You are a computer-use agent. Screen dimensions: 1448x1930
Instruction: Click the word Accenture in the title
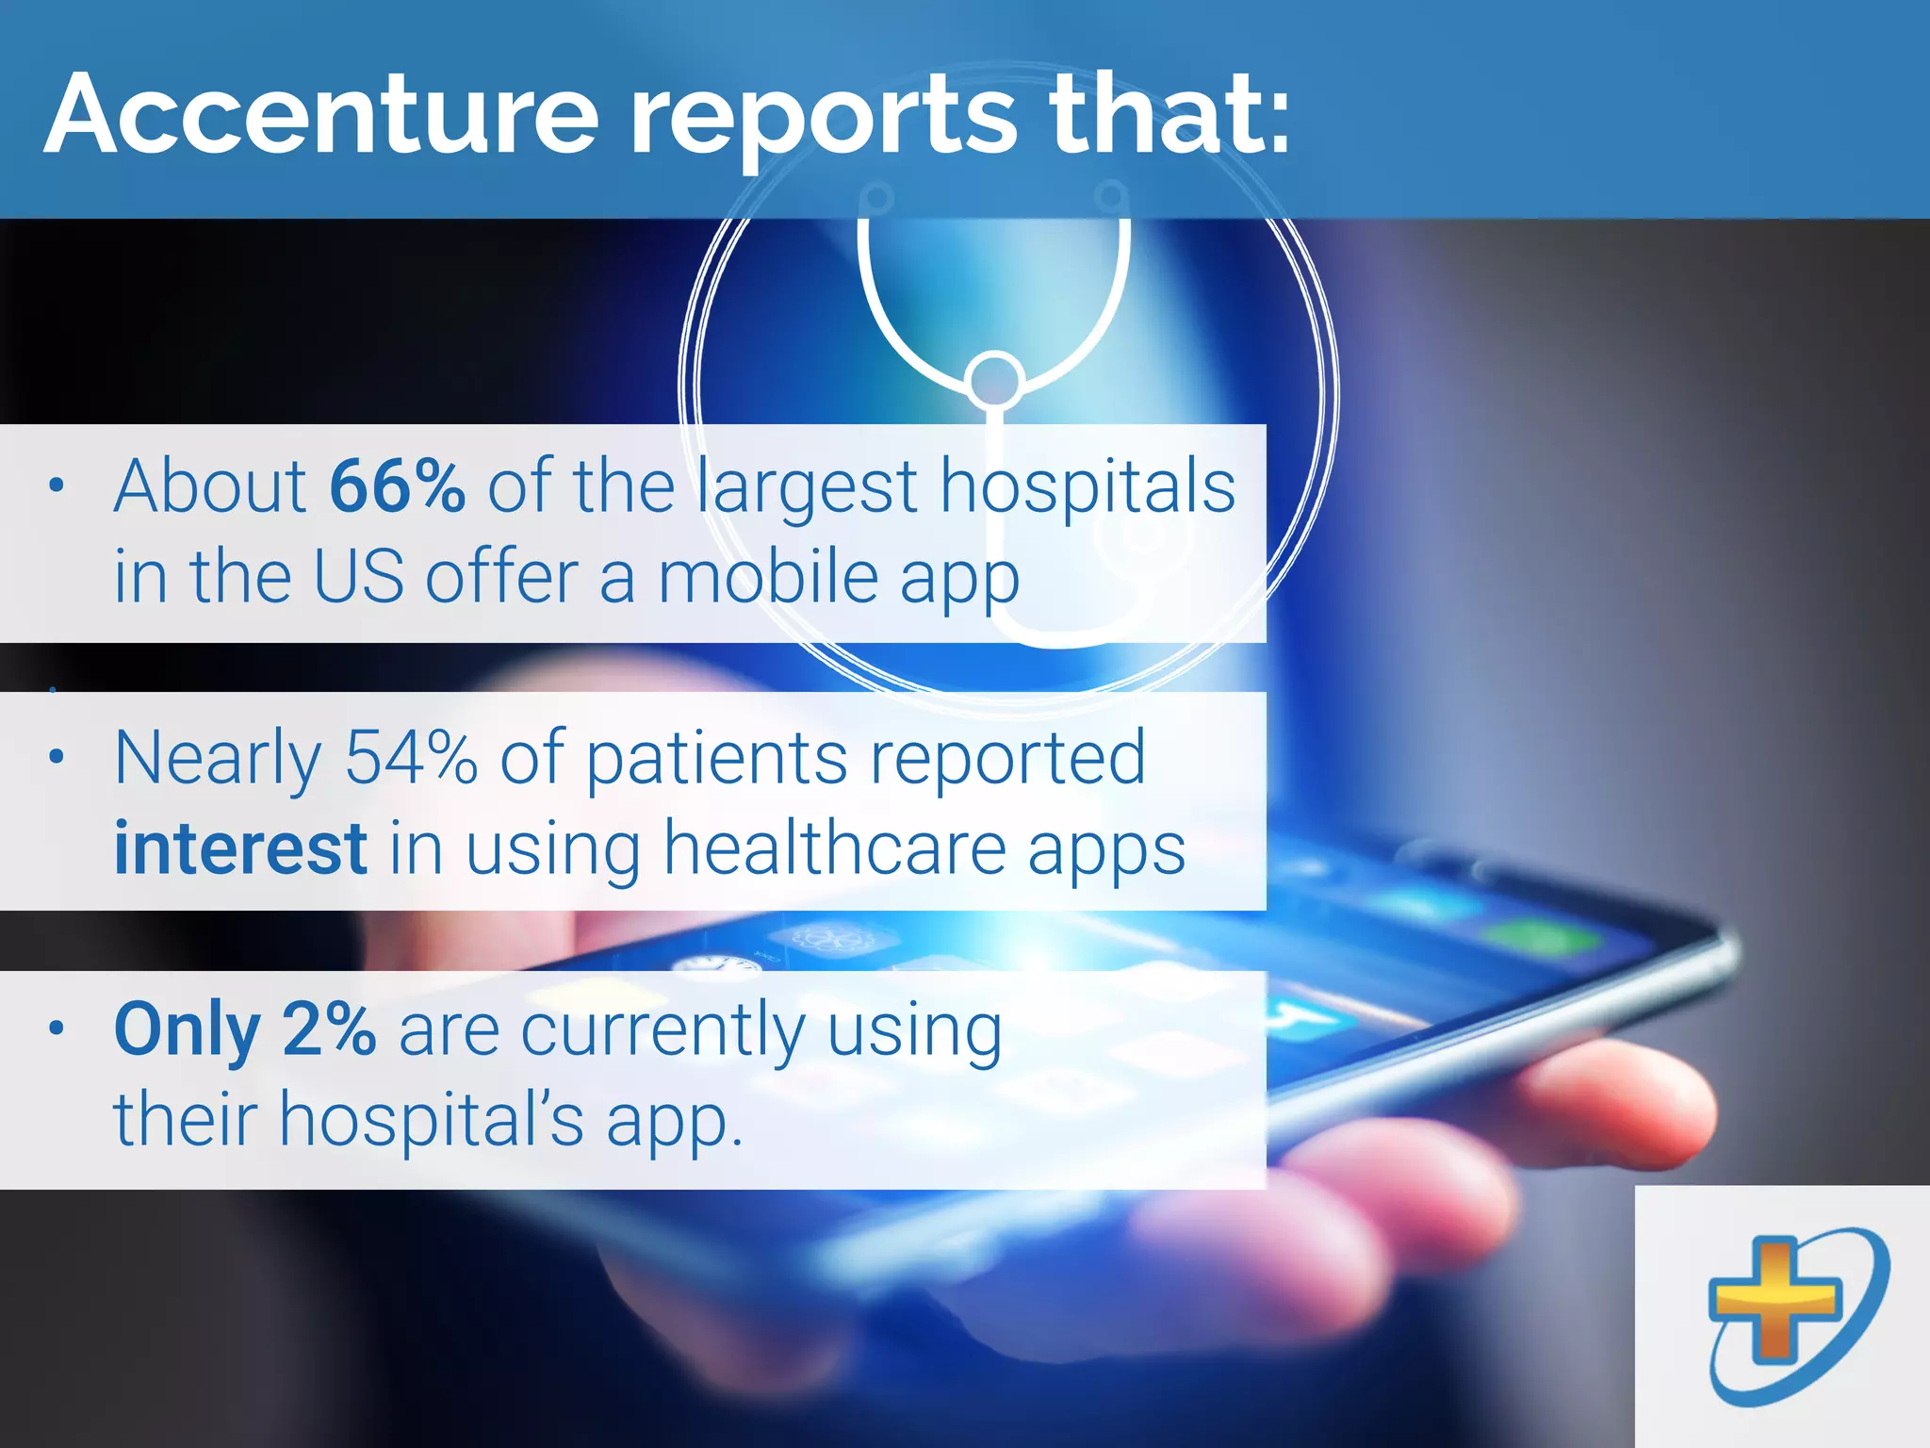pyautogui.click(x=321, y=115)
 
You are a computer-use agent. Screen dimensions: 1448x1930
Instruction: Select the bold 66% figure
pyautogui.click(x=397, y=486)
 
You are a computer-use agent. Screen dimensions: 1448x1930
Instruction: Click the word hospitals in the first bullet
pyautogui.click(x=1088, y=486)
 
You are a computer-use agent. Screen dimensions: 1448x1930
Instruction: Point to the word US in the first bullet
pyautogui.click(x=358, y=577)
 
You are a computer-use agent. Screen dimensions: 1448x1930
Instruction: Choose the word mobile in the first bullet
pyautogui.click(x=768, y=577)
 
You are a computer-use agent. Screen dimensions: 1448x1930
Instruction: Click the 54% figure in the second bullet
pyautogui.click(x=411, y=757)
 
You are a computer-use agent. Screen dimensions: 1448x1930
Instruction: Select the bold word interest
pyautogui.click(x=240, y=847)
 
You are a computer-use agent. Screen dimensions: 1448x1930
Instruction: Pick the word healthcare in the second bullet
pyautogui.click(x=834, y=847)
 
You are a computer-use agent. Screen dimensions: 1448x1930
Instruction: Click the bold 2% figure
pyautogui.click(x=329, y=1028)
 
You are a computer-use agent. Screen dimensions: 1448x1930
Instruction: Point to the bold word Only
pyautogui.click(x=187, y=1030)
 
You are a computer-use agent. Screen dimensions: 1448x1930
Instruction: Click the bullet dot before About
pyautogui.click(x=57, y=486)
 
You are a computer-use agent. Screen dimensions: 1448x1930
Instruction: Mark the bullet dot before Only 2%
pyautogui.click(x=57, y=1028)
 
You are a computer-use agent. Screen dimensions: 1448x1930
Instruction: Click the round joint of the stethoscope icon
pyautogui.click(x=994, y=380)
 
